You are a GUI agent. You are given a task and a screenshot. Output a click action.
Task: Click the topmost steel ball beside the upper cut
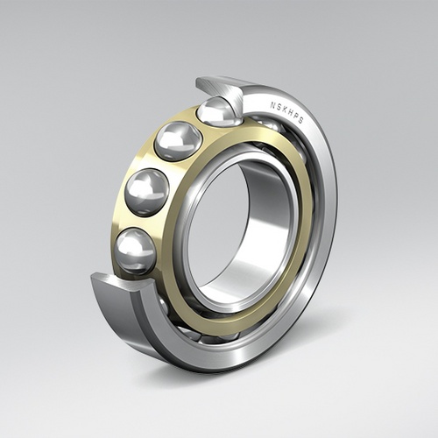[217, 111]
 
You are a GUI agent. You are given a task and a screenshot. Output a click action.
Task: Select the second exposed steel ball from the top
[178, 140]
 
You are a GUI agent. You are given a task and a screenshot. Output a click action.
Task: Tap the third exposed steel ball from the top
[147, 192]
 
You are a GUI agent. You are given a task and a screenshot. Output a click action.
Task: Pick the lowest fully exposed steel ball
[136, 250]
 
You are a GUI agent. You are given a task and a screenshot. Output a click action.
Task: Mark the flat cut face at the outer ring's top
[219, 87]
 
